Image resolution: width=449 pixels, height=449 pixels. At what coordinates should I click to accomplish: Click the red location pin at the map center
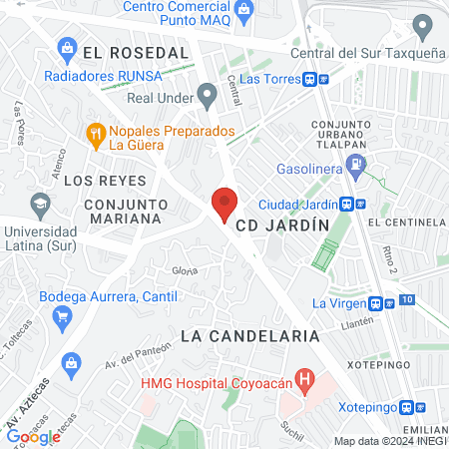point(224,204)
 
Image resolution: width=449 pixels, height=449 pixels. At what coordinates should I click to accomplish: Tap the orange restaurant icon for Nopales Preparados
point(96,132)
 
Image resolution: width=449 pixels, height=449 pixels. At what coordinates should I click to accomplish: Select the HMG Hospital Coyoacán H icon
point(306,380)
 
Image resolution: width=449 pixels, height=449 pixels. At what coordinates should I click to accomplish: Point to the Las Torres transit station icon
point(312,79)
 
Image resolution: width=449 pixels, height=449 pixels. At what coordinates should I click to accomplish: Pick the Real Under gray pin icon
point(208,97)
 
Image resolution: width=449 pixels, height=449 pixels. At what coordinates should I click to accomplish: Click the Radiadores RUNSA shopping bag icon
point(67,47)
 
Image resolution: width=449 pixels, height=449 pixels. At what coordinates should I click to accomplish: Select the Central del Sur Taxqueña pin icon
point(422,25)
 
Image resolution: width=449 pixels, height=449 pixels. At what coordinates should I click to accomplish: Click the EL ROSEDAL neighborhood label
point(136,51)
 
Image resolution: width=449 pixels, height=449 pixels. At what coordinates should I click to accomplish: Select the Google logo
point(34,436)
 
